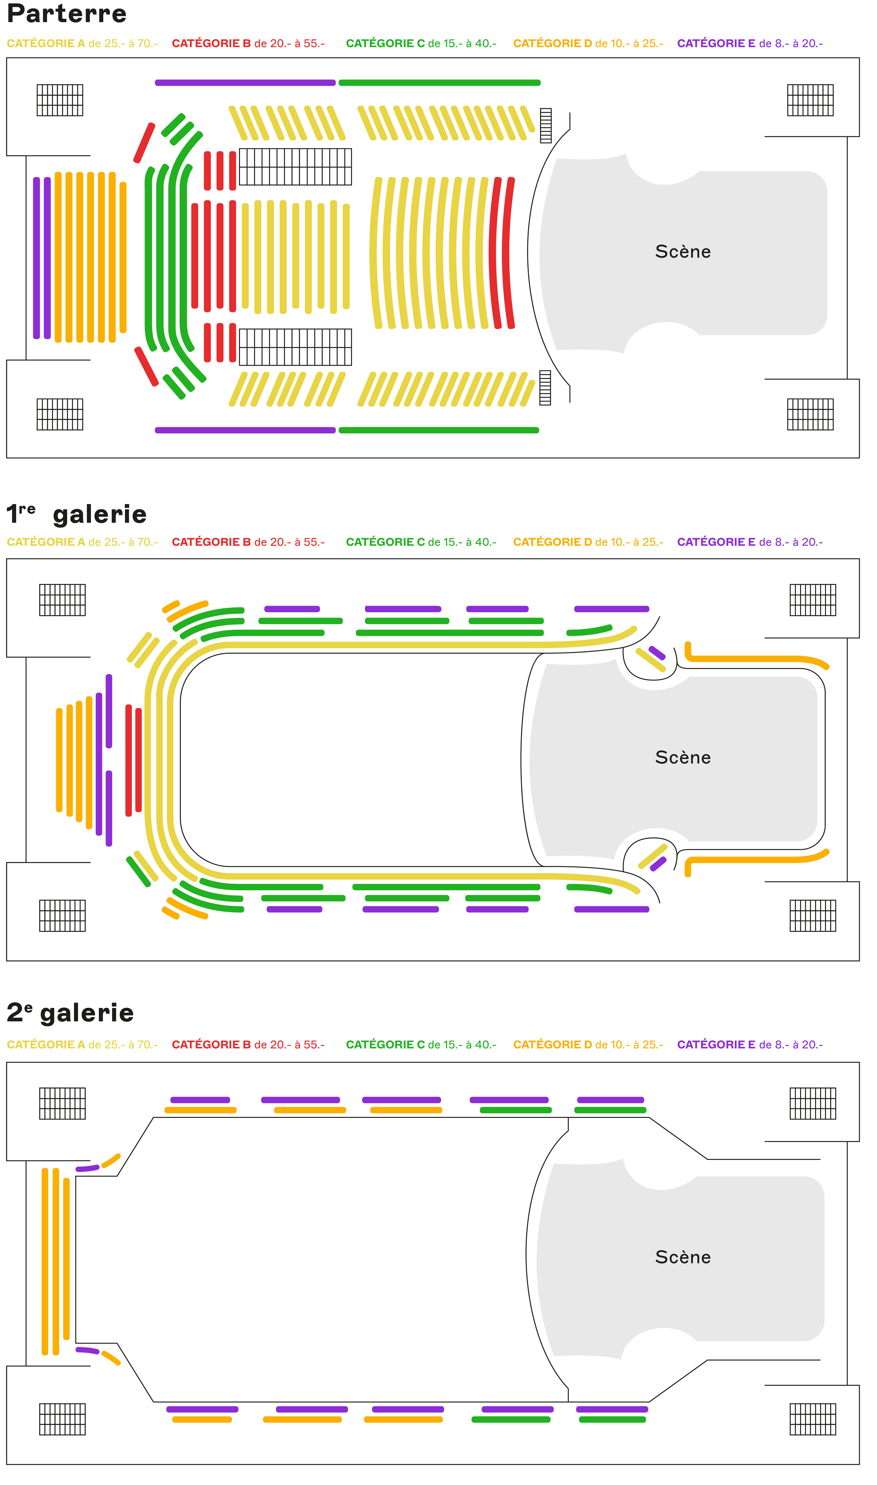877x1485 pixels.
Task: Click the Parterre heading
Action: (x=67, y=14)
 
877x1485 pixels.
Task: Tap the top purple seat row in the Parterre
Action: (x=245, y=83)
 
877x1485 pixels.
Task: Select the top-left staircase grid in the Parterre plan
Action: (x=60, y=100)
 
